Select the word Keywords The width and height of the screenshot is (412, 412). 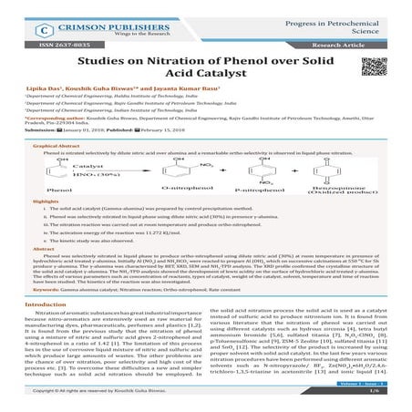(x=43, y=314)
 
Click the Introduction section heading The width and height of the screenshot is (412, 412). (x=48, y=329)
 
